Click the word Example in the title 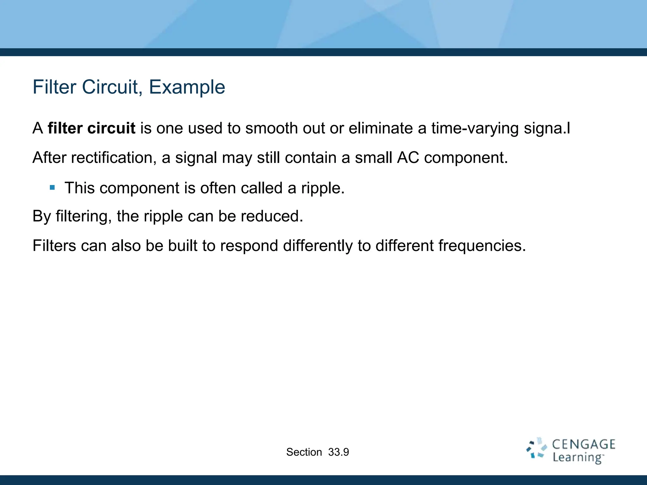pyautogui.click(x=187, y=87)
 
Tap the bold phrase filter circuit pyautogui.click(x=91, y=128)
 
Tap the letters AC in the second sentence pyautogui.click(x=408, y=158)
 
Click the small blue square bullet pyautogui.click(x=52, y=188)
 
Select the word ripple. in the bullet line pyautogui.click(x=323, y=189)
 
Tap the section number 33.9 pyautogui.click(x=338, y=452)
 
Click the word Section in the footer pyautogui.click(x=304, y=452)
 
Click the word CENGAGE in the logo pyautogui.click(x=584, y=445)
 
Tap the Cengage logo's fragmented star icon pyautogui.click(x=536, y=448)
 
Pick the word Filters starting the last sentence pyautogui.click(x=54, y=246)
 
